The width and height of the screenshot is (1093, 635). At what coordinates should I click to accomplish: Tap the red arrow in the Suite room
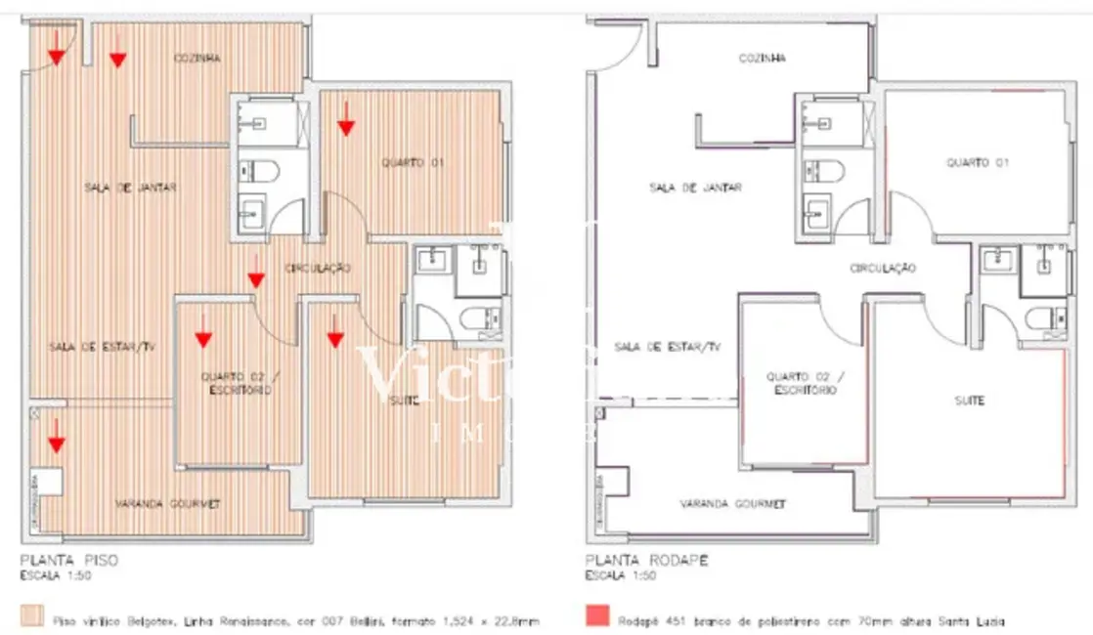335,337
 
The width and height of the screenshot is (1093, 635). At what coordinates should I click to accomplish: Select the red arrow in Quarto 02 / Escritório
203,337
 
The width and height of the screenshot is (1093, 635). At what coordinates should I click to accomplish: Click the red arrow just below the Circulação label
256,278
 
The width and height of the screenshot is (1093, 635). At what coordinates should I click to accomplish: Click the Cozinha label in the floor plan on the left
197,59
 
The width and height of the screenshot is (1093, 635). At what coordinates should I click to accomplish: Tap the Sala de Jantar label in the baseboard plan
695,188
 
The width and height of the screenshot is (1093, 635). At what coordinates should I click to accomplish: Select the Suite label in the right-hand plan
969,401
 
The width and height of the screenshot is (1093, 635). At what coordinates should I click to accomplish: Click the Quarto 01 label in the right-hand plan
977,162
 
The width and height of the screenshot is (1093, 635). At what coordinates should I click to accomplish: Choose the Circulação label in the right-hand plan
882,268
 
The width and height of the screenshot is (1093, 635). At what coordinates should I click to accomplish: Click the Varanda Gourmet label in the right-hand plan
733,504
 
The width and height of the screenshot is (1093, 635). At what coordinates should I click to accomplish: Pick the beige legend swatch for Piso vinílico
31,617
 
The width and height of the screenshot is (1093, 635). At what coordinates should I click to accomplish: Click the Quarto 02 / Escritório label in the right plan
805,382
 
